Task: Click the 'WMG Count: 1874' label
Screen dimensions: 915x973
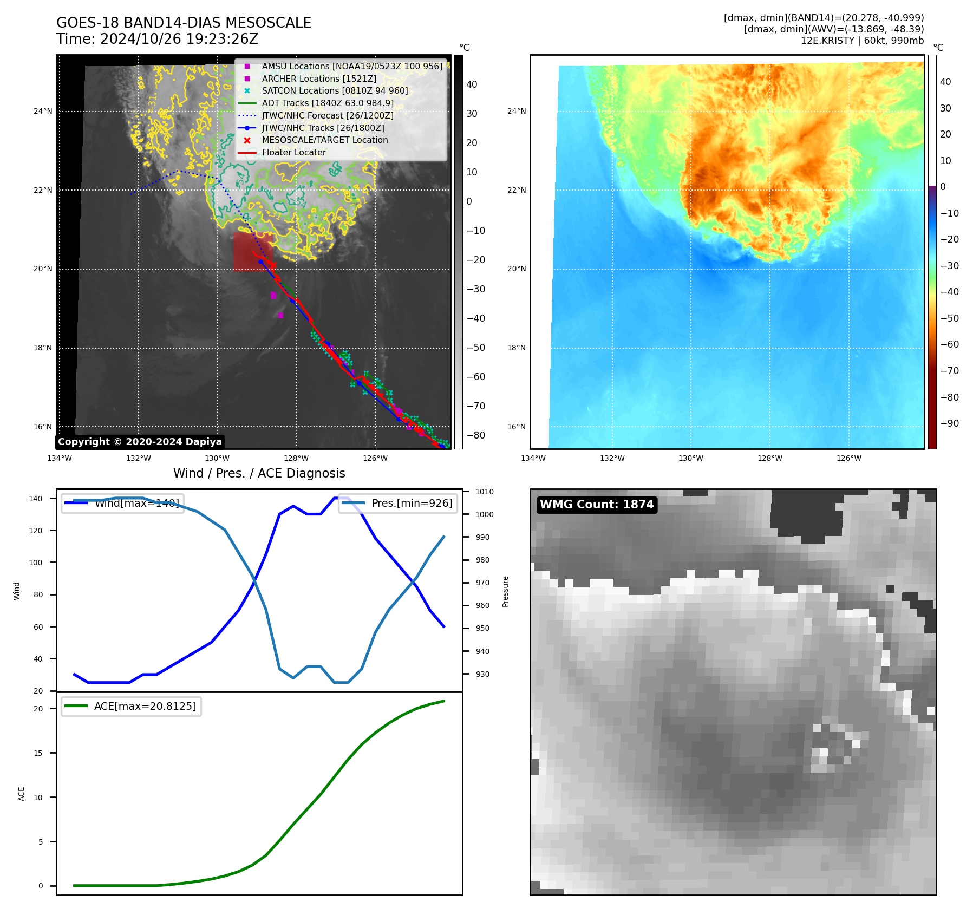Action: [x=597, y=505]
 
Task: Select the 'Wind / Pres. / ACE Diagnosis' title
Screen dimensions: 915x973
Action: [x=259, y=473]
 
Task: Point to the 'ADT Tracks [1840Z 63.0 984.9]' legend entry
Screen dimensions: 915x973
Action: [x=327, y=103]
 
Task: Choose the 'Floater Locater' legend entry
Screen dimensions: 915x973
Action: [x=293, y=153]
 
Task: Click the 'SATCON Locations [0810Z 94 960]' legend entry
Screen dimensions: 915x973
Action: [x=335, y=91]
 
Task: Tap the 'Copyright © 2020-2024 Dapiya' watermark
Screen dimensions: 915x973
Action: [x=140, y=442]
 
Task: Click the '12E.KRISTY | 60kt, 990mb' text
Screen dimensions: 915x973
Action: [x=862, y=41]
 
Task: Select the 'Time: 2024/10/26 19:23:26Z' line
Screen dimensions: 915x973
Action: [x=157, y=40]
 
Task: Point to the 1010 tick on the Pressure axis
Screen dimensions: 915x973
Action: [x=485, y=492]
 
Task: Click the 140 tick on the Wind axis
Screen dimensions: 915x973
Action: [x=36, y=499]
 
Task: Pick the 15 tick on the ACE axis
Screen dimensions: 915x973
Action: [x=38, y=753]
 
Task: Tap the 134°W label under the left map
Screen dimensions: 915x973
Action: [x=60, y=459]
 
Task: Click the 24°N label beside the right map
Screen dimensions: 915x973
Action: [x=516, y=112]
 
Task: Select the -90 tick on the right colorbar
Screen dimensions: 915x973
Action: [x=949, y=423]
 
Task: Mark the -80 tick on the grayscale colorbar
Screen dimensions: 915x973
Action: [x=476, y=435]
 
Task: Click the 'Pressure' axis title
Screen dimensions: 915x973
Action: [x=505, y=591]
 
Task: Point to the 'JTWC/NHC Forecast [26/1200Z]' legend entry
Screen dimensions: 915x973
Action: [x=327, y=115]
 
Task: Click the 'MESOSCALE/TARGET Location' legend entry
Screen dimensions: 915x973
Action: [x=324, y=140]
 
